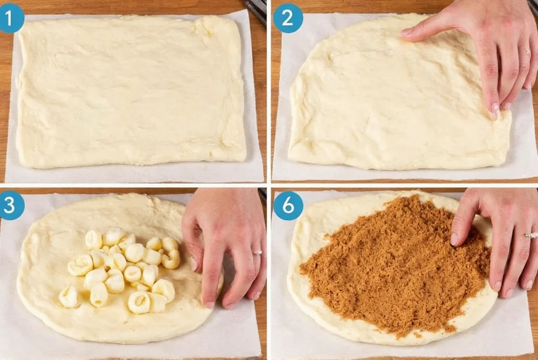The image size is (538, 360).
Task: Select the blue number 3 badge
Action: [11, 206]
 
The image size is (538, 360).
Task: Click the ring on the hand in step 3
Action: [257, 253]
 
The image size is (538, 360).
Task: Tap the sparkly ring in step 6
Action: [530, 235]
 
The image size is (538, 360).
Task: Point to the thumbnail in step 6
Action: [455, 239]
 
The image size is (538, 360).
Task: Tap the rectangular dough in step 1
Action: [129, 90]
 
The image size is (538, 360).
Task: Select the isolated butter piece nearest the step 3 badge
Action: [68, 296]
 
